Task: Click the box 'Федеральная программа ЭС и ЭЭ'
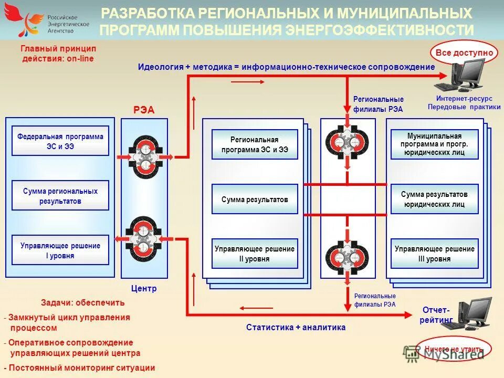click(60, 141)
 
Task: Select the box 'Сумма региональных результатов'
click(60, 195)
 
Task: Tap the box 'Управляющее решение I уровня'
click(60, 250)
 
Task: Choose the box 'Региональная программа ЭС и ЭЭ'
click(255, 144)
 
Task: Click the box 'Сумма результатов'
click(255, 199)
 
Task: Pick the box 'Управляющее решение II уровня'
click(255, 254)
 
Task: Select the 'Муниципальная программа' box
click(434, 144)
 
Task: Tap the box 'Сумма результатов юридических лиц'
click(434, 199)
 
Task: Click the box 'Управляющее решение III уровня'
click(434, 254)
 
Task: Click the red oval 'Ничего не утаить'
click(454, 349)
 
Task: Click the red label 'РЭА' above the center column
click(144, 109)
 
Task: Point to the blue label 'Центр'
click(144, 288)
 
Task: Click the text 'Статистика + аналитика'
click(296, 327)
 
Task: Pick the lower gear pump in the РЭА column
click(144, 237)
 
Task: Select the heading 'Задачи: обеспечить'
click(83, 302)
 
